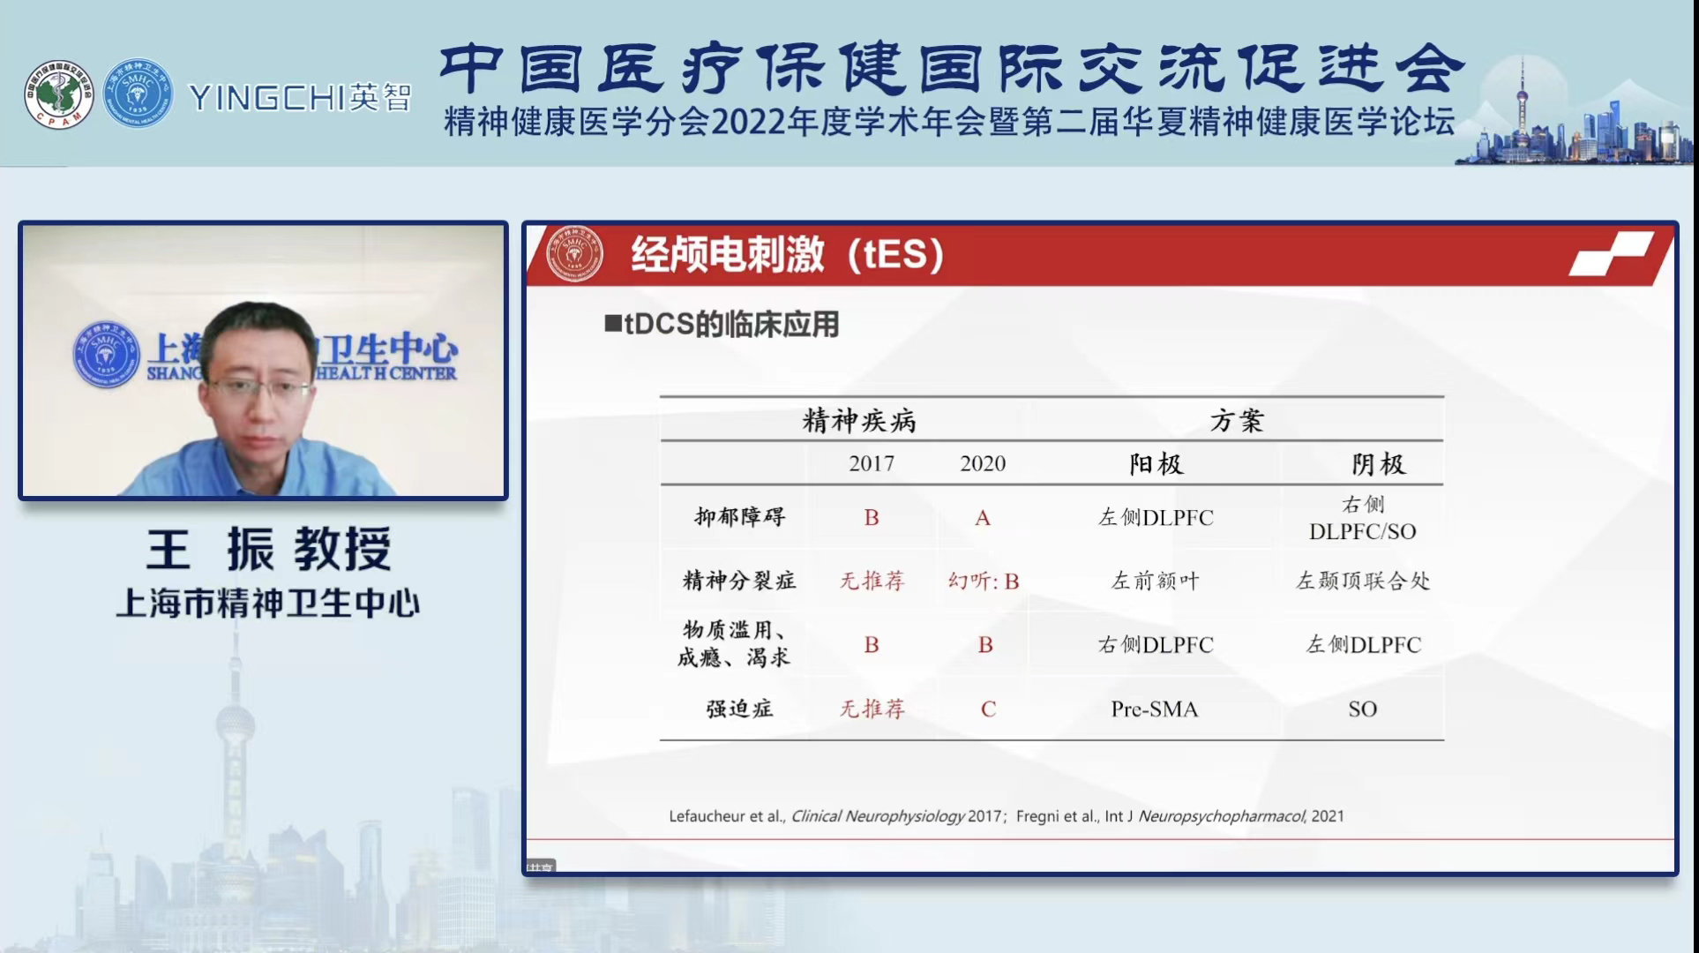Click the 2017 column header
(x=872, y=463)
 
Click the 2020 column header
(x=983, y=463)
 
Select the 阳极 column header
(x=1156, y=464)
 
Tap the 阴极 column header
(x=1378, y=464)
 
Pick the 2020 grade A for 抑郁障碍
(x=983, y=518)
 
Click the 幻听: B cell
(x=984, y=582)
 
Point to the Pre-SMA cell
(x=1154, y=709)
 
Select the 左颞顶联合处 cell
(x=1363, y=581)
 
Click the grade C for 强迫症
(x=988, y=709)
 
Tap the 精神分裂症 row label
(x=739, y=581)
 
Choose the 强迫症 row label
(x=739, y=709)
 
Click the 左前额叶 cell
(x=1155, y=581)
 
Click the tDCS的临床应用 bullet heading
(x=722, y=325)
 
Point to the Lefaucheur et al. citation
(x=835, y=816)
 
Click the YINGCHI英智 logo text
(x=300, y=97)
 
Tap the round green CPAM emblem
(x=58, y=94)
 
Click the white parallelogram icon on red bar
(x=1611, y=253)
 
